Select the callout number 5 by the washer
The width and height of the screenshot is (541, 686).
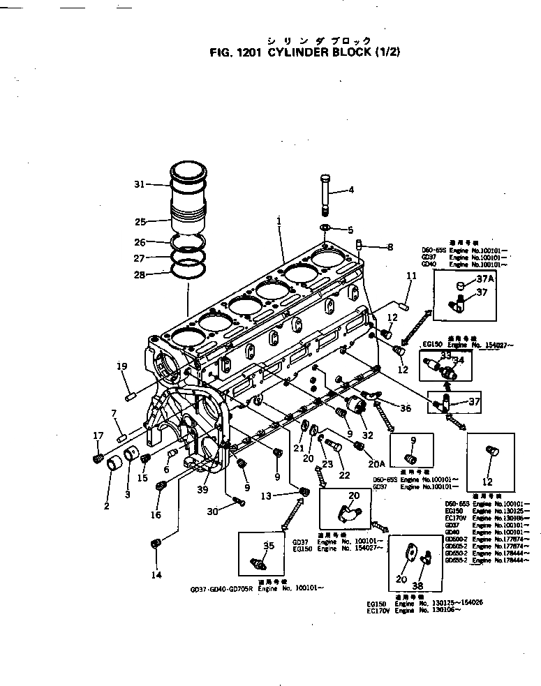350,230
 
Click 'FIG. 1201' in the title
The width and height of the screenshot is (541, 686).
236,52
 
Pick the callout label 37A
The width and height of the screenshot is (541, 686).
484,278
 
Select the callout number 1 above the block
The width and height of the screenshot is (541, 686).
279,221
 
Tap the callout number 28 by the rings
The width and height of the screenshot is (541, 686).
139,275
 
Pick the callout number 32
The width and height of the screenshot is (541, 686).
367,435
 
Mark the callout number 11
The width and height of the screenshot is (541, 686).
411,276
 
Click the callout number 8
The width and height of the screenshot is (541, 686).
390,246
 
